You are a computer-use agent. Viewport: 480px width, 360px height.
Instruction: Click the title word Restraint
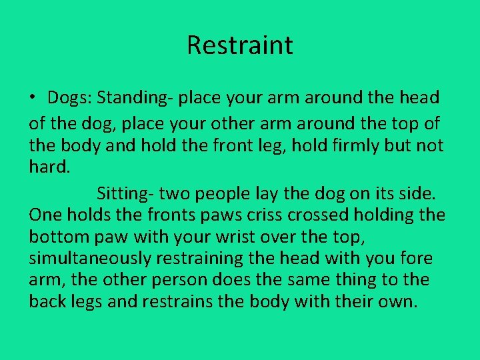tap(239, 45)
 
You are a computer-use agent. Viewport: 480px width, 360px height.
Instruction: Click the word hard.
tap(49, 167)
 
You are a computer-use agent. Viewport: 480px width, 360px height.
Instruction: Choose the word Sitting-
tap(125, 194)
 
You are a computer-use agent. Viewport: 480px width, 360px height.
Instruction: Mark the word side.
tap(417, 194)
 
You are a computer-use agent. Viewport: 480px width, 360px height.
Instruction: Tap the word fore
tap(416, 258)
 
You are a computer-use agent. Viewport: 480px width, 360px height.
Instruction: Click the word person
tap(167, 279)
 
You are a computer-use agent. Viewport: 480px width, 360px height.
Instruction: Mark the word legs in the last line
tap(86, 301)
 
